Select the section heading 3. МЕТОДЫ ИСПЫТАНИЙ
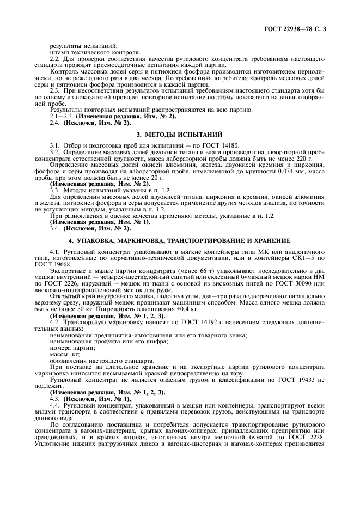point(179,134)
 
